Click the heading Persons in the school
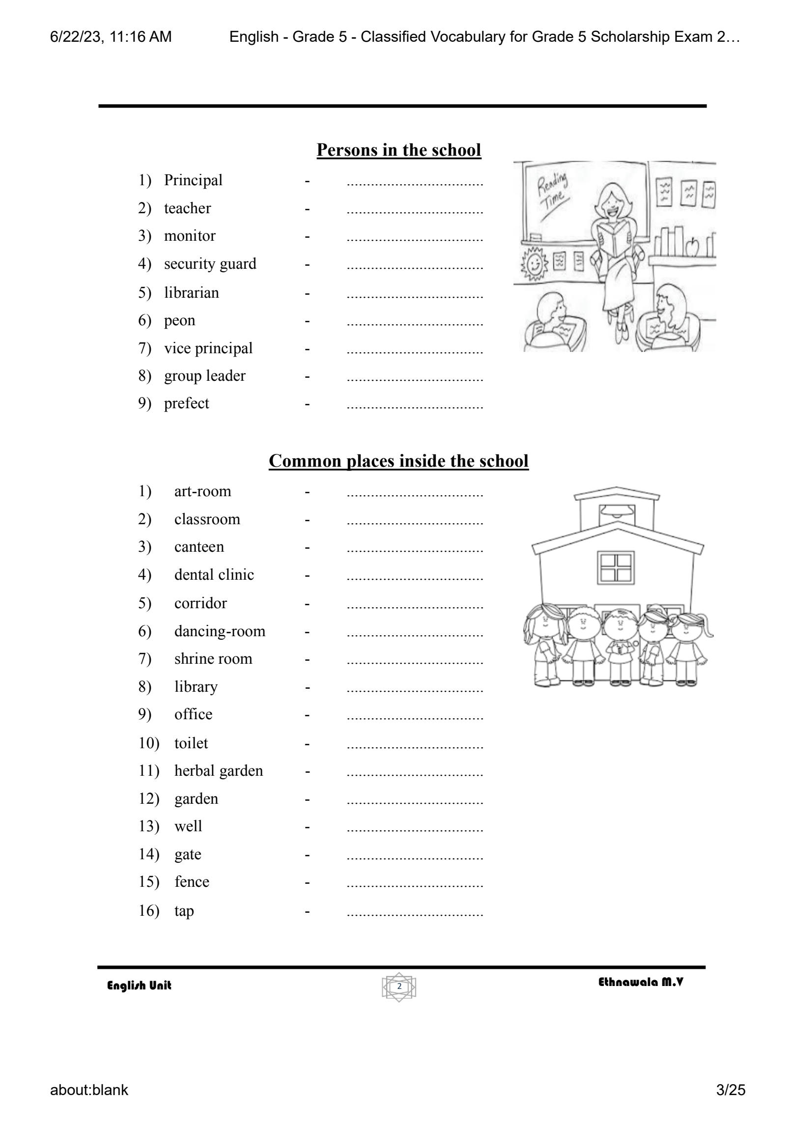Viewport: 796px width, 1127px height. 398,150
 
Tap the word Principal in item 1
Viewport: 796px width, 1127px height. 193,180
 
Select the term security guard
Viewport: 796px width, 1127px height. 210,264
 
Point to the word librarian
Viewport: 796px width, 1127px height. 191,293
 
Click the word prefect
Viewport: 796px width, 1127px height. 186,403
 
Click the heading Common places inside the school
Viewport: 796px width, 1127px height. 398,461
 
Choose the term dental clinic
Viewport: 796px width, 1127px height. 214,575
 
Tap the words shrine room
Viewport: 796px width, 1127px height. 213,659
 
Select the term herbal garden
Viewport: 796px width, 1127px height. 218,771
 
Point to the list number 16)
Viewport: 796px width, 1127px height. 148,911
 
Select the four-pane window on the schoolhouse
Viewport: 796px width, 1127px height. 615,567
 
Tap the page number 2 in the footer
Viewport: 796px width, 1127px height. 399,986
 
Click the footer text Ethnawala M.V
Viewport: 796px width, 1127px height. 641,983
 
